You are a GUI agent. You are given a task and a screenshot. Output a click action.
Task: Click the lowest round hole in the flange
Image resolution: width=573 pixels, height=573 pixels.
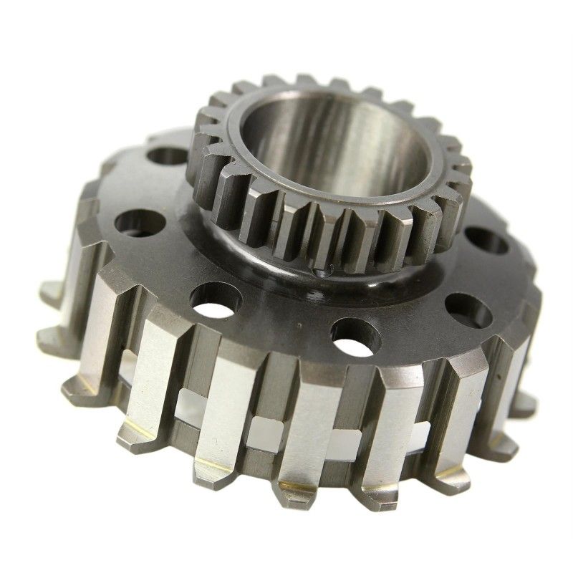(x=356, y=337)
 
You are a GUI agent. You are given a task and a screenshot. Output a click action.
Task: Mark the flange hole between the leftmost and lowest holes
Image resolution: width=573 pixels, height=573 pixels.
(x=216, y=299)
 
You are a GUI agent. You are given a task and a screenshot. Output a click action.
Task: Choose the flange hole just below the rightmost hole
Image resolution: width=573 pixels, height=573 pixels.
(x=468, y=309)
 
